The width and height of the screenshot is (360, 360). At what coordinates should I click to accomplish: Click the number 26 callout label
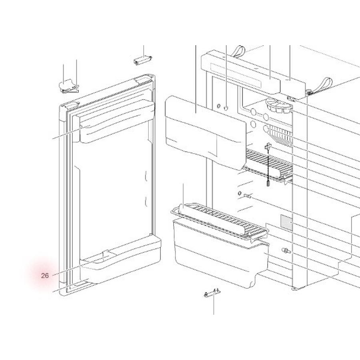pos(45,276)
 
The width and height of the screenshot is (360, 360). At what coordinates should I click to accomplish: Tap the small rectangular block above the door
pos(143,60)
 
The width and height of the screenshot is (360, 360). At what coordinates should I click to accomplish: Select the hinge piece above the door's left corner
pos(68,86)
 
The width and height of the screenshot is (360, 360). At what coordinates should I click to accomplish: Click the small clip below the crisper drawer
pos(212,293)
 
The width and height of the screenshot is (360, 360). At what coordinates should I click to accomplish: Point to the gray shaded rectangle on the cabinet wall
pos(286,222)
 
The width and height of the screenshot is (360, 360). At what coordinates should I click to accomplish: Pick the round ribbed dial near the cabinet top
pos(279,106)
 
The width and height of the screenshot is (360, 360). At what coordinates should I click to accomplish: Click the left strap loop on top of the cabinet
pos(238,52)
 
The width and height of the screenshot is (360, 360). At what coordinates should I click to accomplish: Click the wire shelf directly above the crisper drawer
pos(219,220)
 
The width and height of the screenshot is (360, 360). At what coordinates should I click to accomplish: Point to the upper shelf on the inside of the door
pos(117,121)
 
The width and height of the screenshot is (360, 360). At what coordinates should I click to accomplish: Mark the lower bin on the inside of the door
pos(120,260)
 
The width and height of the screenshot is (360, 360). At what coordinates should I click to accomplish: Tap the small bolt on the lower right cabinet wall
pos(286,250)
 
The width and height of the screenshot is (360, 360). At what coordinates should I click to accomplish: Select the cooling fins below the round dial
pos(279,136)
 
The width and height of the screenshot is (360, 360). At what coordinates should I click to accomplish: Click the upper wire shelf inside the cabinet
pos(268,166)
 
